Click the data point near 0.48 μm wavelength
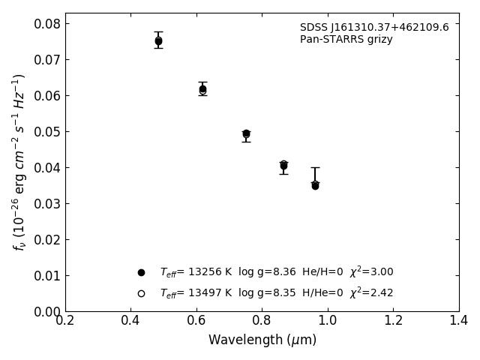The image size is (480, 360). pos(158,41)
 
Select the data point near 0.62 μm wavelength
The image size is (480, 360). pos(202,89)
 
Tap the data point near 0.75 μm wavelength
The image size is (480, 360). pos(246,133)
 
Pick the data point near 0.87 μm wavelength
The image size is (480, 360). pos(283,165)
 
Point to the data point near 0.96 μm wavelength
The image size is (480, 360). pos(315,184)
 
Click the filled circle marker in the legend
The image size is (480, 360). pos(141,272)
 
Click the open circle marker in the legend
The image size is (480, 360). pos(141,293)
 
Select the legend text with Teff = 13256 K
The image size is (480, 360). pos(276,272)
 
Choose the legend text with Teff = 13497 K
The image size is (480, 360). pos(276,293)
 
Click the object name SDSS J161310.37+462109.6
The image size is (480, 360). pos(374,28)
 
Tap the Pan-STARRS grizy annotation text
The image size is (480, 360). pos(346,40)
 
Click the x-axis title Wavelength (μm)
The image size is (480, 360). pos(262,340)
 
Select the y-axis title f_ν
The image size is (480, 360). pos(19,161)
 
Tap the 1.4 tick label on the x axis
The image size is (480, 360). pos(458,321)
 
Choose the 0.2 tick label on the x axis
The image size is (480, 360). pos(65,321)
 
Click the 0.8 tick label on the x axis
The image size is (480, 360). pos(262,321)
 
